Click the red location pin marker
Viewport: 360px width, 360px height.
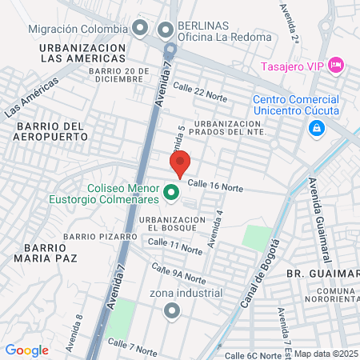[180, 162]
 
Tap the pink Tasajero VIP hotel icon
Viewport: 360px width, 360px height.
[336, 63]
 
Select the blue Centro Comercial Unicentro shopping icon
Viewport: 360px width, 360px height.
[317, 128]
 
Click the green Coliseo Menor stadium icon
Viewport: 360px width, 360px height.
[170, 192]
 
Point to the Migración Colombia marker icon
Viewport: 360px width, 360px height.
[140, 28]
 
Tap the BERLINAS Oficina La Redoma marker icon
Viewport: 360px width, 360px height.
[166, 30]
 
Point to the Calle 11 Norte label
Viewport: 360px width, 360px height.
[174, 246]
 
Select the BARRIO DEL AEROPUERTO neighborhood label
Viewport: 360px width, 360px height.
[45, 133]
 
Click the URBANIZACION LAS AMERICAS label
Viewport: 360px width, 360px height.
[83, 54]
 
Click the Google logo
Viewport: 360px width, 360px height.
[26, 350]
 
